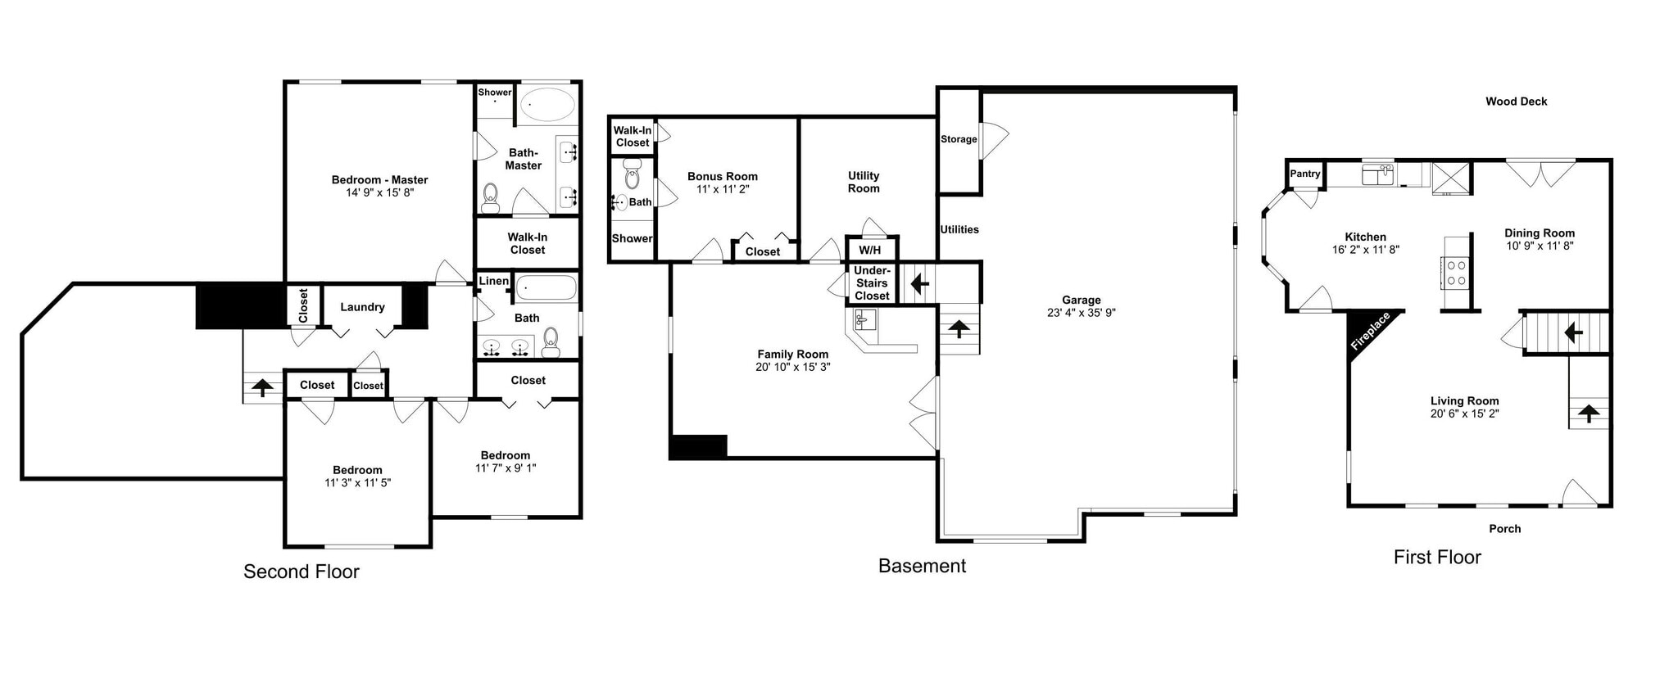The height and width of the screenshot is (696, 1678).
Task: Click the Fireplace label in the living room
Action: click(1370, 331)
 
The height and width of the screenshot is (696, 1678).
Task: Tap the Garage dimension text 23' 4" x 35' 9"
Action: click(1081, 313)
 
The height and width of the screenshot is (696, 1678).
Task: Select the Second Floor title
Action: click(301, 572)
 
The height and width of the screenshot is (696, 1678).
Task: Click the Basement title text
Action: click(922, 566)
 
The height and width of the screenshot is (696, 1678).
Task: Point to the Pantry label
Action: click(1305, 174)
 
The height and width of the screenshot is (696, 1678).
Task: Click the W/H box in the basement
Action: click(870, 250)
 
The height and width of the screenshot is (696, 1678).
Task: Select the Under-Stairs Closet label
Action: click(872, 283)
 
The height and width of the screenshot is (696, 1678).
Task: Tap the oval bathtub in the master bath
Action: click(547, 105)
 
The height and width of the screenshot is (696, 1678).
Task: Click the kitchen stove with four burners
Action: click(1456, 273)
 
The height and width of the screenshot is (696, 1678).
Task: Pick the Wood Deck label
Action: click(1516, 102)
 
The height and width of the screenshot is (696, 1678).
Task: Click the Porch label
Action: click(1504, 529)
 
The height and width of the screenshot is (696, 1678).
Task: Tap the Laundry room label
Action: click(362, 307)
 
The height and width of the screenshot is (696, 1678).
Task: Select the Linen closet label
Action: click(493, 281)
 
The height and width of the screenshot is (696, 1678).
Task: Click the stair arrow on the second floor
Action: click(262, 387)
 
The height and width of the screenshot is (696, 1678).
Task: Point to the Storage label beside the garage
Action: click(959, 139)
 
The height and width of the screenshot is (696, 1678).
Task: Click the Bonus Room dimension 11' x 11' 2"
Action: click(723, 189)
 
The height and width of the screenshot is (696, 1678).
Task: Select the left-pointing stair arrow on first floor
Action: click(1573, 332)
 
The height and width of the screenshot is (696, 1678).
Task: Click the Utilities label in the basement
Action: click(959, 229)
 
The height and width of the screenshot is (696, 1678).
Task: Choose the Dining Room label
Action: click(1539, 233)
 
